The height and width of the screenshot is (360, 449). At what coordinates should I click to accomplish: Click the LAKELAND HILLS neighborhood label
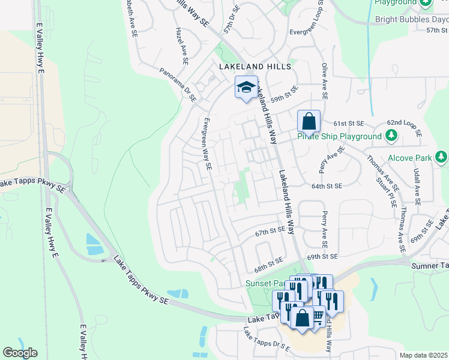tap(255, 67)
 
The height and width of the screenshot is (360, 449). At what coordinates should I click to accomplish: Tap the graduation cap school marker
tap(246, 88)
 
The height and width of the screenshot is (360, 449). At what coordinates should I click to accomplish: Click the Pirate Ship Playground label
tap(340, 136)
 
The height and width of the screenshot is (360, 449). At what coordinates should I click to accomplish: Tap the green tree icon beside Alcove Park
tap(442, 157)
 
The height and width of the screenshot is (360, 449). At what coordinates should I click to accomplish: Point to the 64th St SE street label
tap(327, 187)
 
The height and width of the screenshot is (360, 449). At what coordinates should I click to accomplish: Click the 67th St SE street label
tap(270, 231)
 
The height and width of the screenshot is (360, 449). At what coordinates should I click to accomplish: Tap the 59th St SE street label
tap(285, 94)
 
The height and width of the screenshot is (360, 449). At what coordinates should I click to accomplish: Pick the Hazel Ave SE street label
tap(181, 46)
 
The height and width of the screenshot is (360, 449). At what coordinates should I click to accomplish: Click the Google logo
tap(20, 353)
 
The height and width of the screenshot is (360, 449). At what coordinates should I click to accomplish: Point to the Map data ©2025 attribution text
tap(424, 355)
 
